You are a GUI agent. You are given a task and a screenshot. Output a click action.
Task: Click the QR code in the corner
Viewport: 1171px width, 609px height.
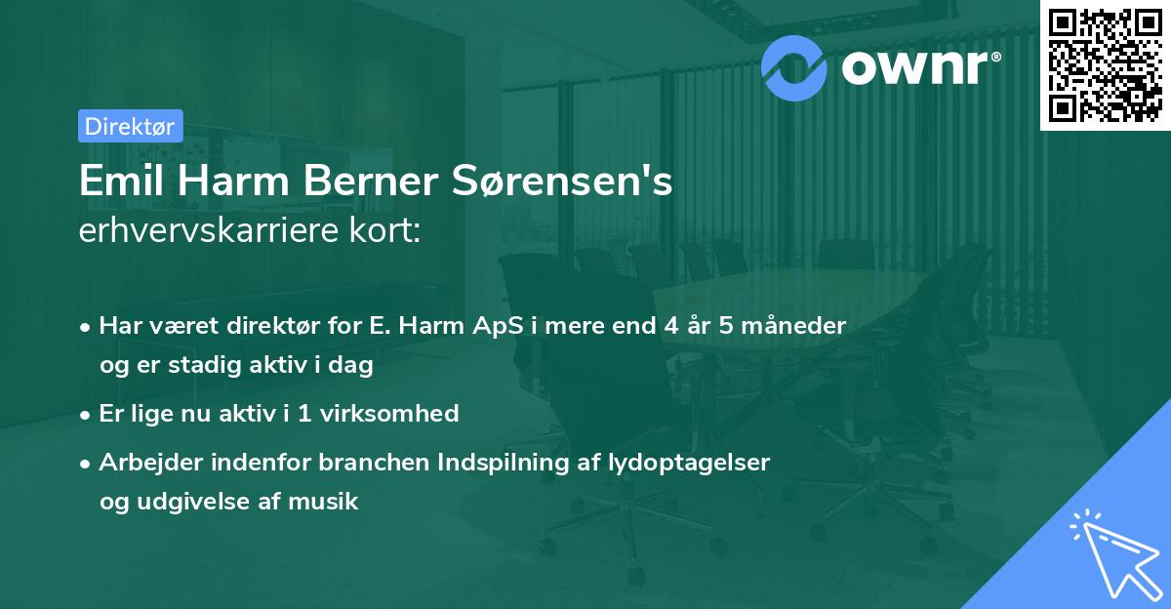point(1105,64)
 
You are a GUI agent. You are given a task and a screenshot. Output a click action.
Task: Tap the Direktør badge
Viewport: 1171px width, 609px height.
point(130,126)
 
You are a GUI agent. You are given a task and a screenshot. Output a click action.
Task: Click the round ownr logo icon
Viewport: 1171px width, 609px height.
point(794,65)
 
